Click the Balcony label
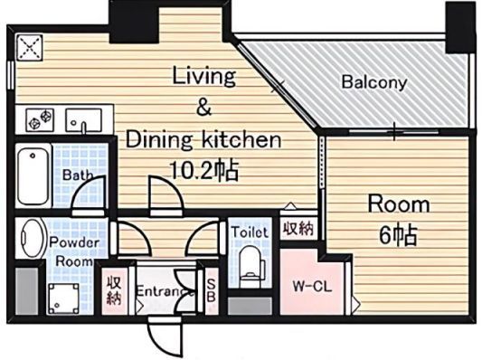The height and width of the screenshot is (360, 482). click(374, 82)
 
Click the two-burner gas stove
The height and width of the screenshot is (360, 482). click(40, 120)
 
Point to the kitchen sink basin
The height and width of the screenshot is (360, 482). click(83, 120)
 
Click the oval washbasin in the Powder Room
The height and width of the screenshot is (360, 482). click(33, 238)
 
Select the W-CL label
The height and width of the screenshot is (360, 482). click(312, 287)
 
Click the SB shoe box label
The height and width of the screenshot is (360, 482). click(212, 290)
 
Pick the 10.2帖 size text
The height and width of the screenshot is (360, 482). click(204, 170)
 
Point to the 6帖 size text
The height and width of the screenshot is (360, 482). click(398, 235)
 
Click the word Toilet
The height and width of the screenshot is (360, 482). click(250, 232)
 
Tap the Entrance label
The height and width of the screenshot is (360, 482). click(165, 291)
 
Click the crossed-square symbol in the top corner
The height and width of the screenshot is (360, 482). click(29, 48)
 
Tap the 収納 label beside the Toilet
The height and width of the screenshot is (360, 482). click(298, 229)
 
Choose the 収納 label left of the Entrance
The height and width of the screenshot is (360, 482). click(114, 290)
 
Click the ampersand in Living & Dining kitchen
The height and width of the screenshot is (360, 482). click(204, 107)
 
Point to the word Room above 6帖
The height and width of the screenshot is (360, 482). click(399, 204)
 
